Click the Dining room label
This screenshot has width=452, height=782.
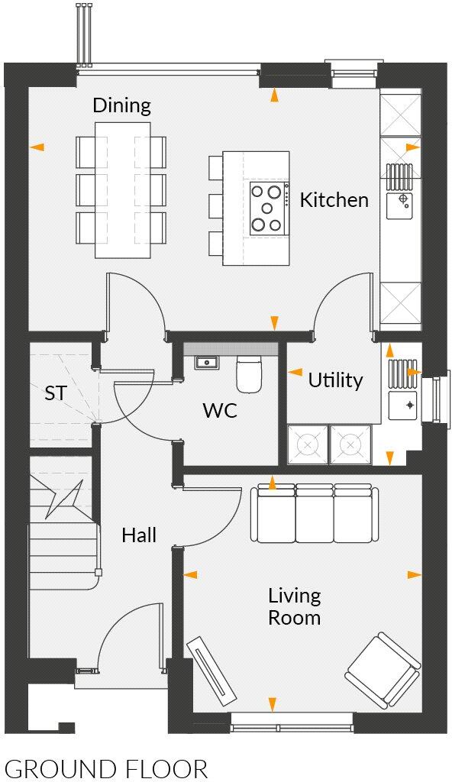click(122, 105)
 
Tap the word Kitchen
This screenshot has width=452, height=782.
click(334, 200)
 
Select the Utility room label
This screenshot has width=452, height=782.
click(335, 380)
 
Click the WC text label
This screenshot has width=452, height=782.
click(220, 411)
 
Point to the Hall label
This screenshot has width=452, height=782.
click(139, 535)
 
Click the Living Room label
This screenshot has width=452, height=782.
click(294, 606)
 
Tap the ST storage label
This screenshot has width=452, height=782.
click(55, 394)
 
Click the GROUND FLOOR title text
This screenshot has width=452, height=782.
click(106, 768)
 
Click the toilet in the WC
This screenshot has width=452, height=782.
click(250, 373)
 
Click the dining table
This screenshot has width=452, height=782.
click(121, 189)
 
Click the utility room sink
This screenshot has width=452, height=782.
click(402, 405)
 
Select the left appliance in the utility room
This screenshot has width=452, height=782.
click(307, 444)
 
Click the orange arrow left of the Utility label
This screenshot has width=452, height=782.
click(295, 373)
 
